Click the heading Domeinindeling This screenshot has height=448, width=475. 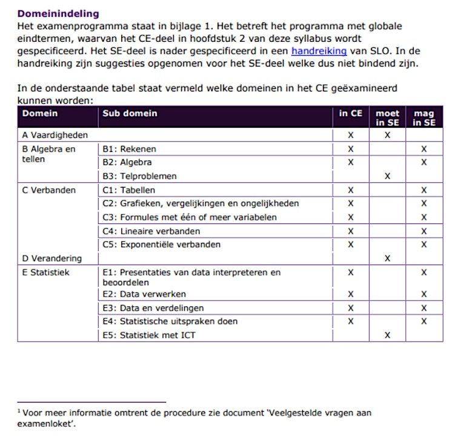58,13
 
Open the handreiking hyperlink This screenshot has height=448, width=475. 319,51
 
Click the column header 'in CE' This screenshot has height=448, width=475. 350,113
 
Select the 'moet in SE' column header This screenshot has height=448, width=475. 387,117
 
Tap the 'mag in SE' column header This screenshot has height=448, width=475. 424,117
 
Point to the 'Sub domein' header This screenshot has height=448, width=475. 130,113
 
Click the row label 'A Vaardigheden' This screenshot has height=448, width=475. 55,135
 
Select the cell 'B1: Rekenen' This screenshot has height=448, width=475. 129,149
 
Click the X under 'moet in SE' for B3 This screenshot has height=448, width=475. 387,176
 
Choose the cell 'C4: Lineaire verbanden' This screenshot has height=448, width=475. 151,231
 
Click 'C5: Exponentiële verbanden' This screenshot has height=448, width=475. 161,245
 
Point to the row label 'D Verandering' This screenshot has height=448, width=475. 52,259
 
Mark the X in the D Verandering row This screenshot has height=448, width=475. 387,259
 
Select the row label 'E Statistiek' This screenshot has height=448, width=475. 46,272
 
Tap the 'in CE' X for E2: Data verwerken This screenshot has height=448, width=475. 350,294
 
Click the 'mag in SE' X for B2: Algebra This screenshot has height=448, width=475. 424,162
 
